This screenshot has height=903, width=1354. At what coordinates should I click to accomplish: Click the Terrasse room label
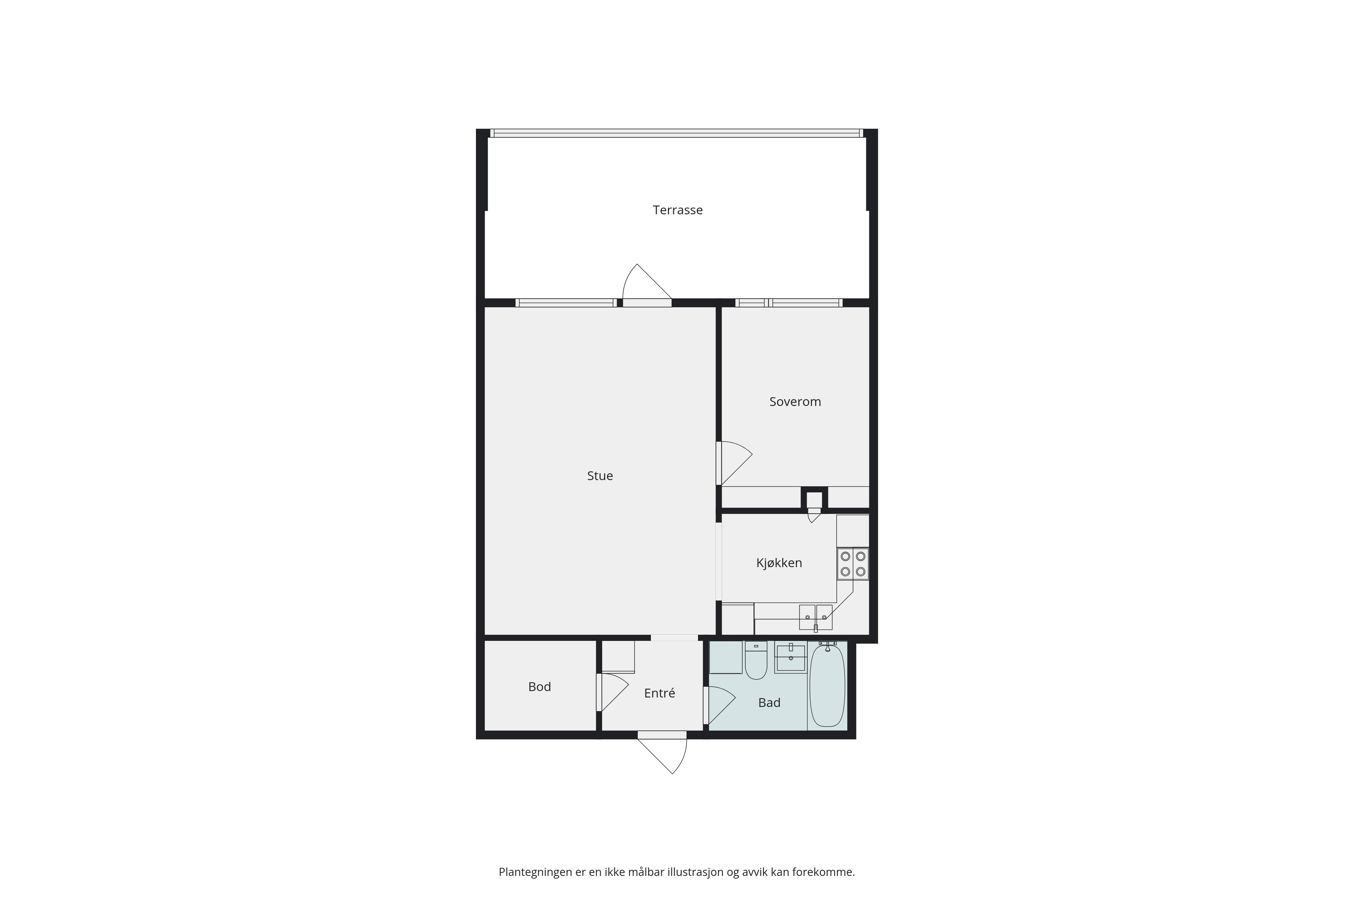click(x=678, y=210)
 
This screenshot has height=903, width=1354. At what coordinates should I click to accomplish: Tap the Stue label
click(x=600, y=476)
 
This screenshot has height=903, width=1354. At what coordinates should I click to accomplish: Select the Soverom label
click(x=795, y=402)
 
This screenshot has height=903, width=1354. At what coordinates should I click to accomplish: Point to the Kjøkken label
click(x=779, y=563)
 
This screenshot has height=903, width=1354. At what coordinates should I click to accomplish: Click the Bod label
click(x=540, y=686)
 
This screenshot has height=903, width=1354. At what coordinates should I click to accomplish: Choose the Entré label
click(x=659, y=693)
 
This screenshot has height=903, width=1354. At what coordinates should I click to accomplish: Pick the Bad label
click(x=769, y=703)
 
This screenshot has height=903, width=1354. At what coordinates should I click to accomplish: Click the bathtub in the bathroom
click(x=827, y=685)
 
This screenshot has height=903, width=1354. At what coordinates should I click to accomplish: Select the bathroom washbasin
click(x=790, y=657)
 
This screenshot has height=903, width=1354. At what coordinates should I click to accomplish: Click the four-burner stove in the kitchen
click(x=853, y=564)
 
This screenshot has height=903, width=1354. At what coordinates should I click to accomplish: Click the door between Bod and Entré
click(x=612, y=692)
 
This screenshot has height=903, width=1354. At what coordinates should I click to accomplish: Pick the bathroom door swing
click(x=720, y=706)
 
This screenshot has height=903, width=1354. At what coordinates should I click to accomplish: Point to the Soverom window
click(x=789, y=303)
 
